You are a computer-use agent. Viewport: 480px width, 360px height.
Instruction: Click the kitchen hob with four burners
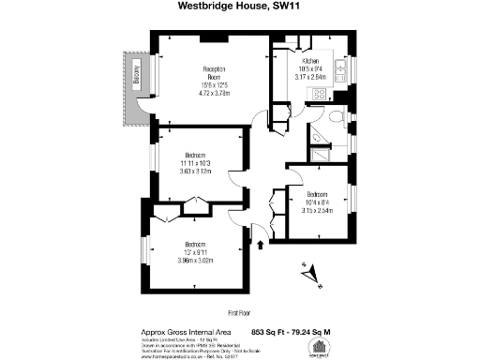(320, 94)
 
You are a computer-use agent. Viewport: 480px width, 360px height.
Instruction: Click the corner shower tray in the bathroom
(320, 138)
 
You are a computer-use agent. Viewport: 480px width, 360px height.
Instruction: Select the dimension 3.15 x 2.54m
(317, 211)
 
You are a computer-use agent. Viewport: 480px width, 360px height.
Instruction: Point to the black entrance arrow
(261, 246)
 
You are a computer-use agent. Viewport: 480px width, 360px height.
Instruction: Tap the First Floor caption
(240, 310)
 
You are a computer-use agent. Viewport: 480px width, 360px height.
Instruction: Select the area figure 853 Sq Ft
(270, 332)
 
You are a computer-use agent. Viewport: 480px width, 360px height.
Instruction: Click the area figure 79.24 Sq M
(319, 332)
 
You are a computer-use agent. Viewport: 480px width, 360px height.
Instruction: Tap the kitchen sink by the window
(341, 69)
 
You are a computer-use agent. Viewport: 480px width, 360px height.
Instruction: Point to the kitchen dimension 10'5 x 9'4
(311, 68)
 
